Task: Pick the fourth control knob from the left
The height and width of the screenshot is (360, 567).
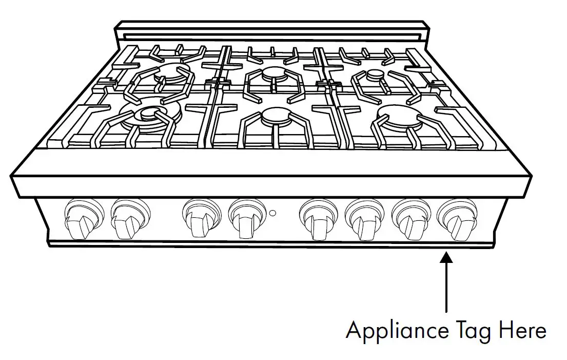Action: point(245,219)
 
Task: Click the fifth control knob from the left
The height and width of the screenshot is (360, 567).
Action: point(317,219)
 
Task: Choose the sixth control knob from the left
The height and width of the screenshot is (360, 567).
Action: point(362,219)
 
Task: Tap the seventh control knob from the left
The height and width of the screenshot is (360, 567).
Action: point(409,219)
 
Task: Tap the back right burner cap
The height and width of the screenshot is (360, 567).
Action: point(375,75)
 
